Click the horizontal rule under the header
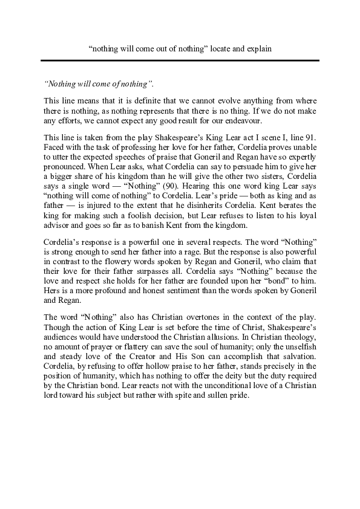point(180,60)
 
